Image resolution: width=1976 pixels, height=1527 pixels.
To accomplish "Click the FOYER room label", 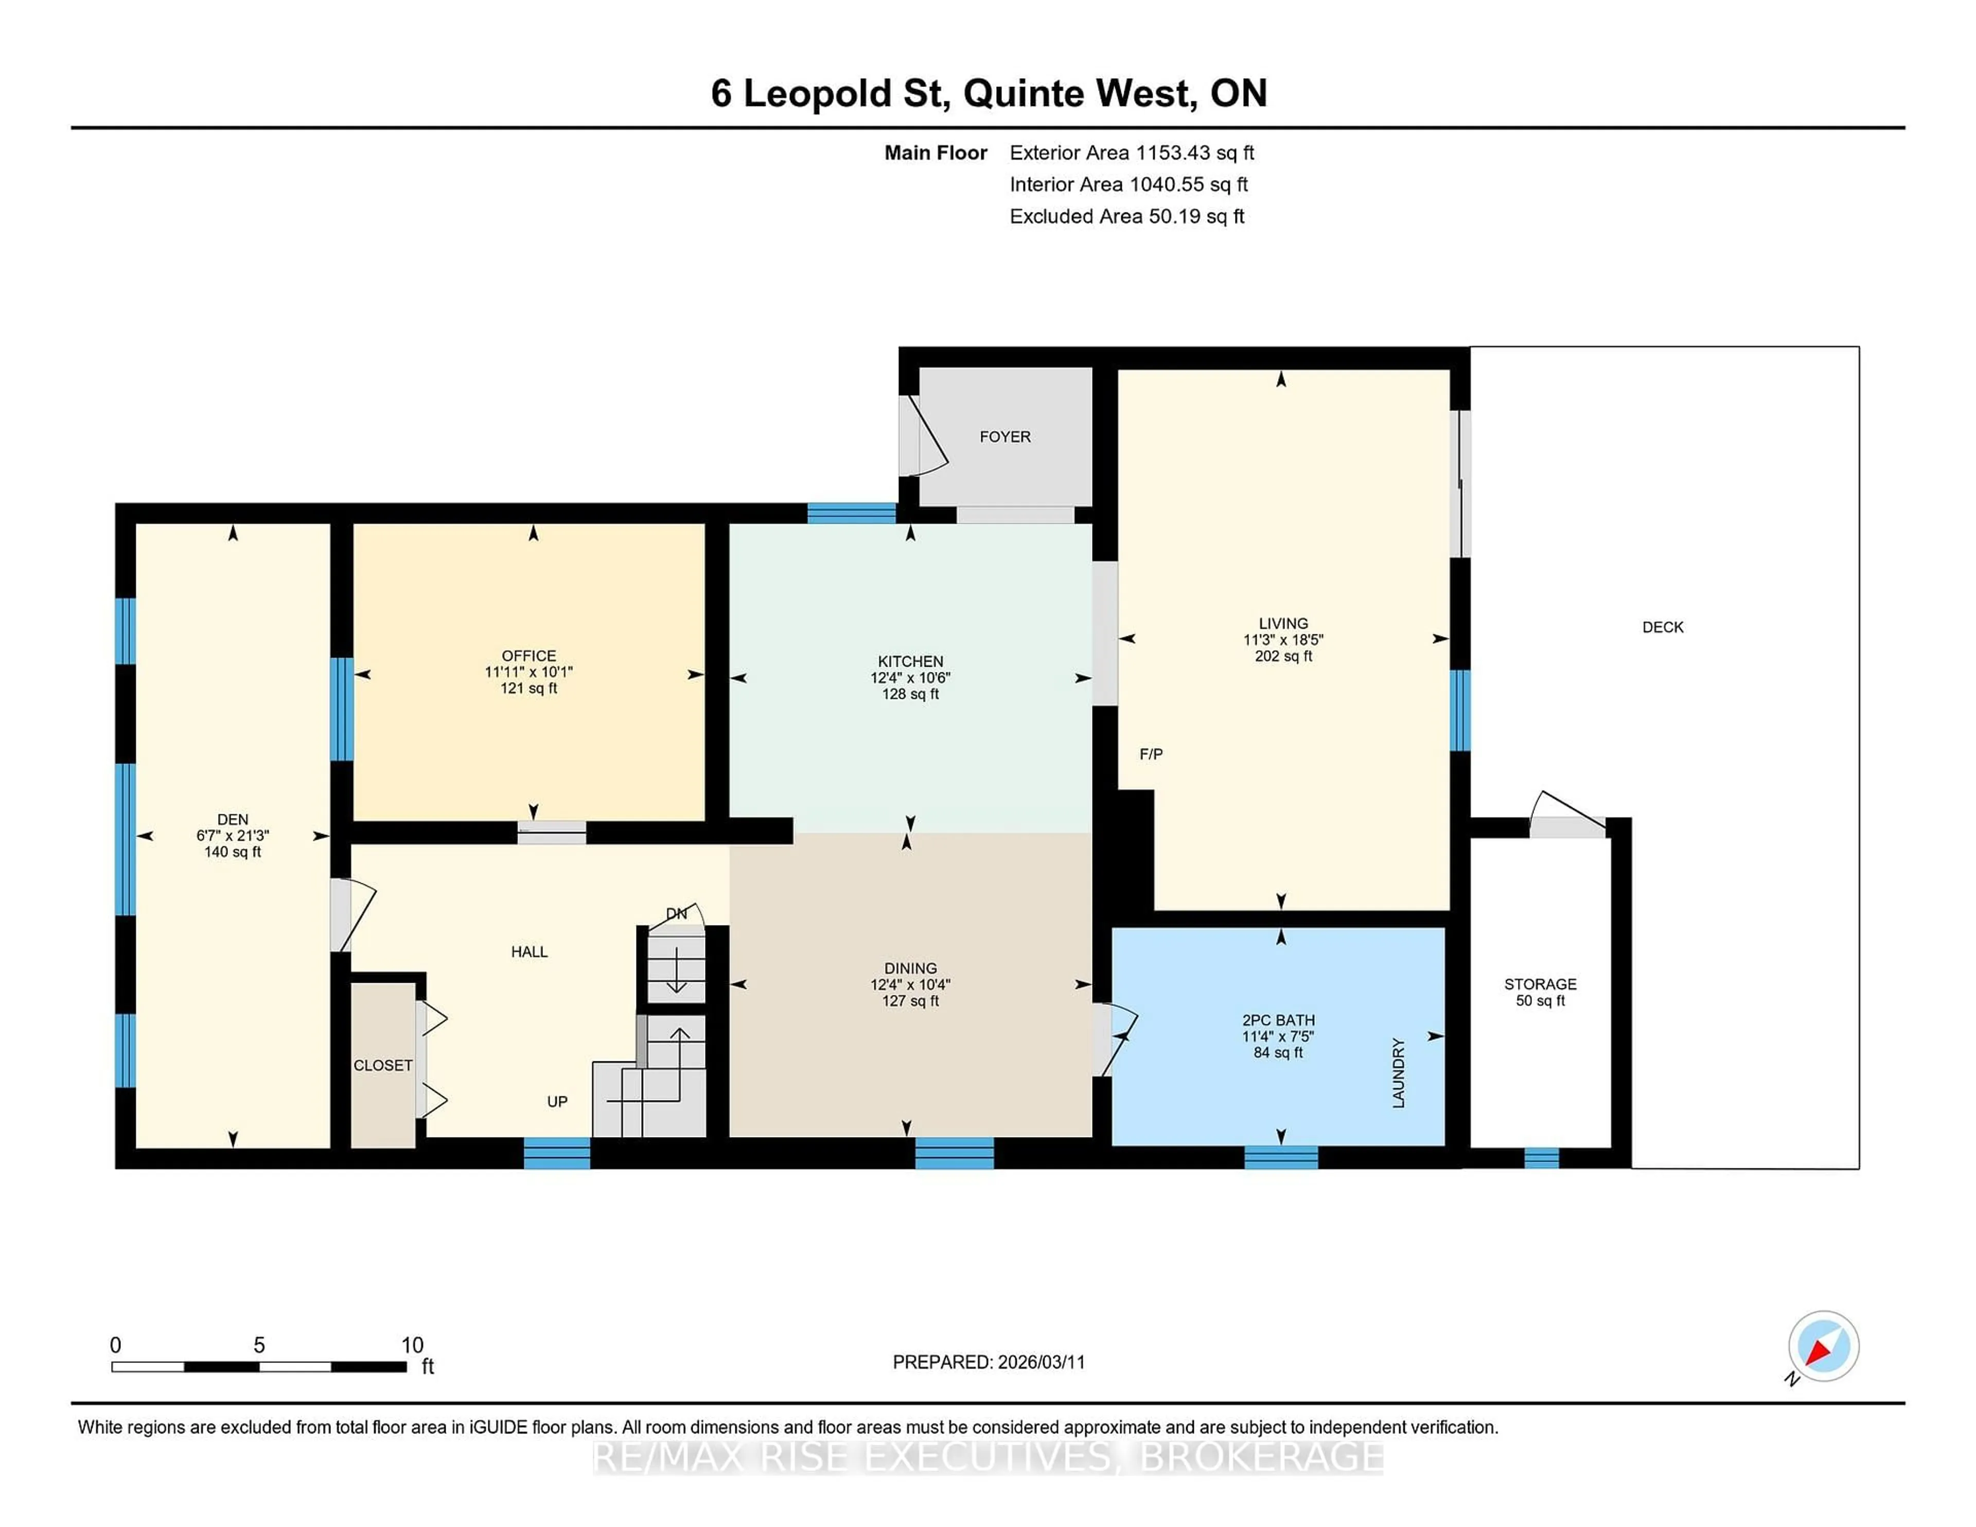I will tap(1004, 437).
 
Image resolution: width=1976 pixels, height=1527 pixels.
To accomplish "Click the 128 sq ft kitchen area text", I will tap(910, 694).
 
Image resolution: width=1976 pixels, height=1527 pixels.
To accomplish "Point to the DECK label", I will tap(1662, 627).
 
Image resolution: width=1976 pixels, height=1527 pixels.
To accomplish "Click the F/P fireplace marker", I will tap(1150, 754).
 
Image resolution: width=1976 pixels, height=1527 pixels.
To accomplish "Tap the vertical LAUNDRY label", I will tap(1398, 1073).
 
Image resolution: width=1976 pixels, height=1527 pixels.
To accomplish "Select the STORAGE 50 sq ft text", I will tap(1540, 1001).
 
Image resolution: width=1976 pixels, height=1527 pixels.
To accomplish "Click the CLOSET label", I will tap(383, 1065).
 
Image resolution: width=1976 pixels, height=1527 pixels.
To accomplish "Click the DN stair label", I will tap(676, 914).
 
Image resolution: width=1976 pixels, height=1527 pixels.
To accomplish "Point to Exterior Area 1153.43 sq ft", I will tap(1131, 153).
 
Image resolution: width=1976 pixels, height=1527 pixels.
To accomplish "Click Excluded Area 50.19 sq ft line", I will tap(1126, 216).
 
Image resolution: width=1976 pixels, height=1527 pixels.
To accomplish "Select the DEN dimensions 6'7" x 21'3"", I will tap(233, 836).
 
